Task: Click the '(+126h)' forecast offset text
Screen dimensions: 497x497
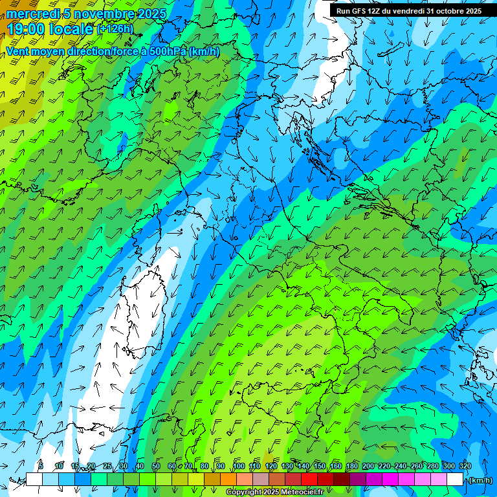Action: (x=115, y=29)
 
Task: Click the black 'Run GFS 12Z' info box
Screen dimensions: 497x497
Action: (x=408, y=11)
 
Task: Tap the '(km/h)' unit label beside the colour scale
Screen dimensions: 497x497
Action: (x=480, y=480)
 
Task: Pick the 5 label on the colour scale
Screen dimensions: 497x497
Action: (x=41, y=466)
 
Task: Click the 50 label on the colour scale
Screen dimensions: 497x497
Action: (x=156, y=466)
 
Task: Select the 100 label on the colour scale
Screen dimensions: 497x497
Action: (x=239, y=466)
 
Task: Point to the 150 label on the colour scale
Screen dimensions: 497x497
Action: (x=320, y=466)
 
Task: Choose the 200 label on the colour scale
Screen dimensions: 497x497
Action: (x=368, y=466)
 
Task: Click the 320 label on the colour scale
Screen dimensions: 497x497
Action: (x=465, y=466)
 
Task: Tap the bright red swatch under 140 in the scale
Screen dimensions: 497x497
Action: (x=309, y=480)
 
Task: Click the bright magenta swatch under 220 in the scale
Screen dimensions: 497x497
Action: (x=390, y=480)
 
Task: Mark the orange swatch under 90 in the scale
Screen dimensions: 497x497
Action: (x=228, y=480)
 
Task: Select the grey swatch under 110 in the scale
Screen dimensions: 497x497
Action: (x=261, y=480)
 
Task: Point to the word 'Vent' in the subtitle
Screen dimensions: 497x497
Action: (x=17, y=51)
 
